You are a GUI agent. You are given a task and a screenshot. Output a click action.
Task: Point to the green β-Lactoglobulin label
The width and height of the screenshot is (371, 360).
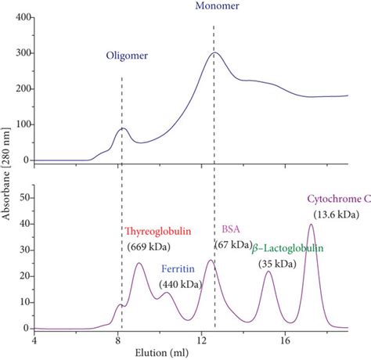[288, 248]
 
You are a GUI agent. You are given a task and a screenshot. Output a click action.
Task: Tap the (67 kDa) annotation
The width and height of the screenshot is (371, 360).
[232, 245]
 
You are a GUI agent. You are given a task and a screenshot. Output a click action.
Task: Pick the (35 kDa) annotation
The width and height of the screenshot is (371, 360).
[278, 264]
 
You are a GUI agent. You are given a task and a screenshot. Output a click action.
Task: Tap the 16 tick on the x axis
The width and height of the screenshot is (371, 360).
[285, 340]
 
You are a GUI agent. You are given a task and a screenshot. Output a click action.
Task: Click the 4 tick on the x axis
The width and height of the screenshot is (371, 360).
[34, 340]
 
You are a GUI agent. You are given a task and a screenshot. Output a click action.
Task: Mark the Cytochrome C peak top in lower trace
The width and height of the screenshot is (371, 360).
[312, 225]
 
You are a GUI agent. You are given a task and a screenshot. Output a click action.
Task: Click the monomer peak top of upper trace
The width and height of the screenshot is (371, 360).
[215, 52]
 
